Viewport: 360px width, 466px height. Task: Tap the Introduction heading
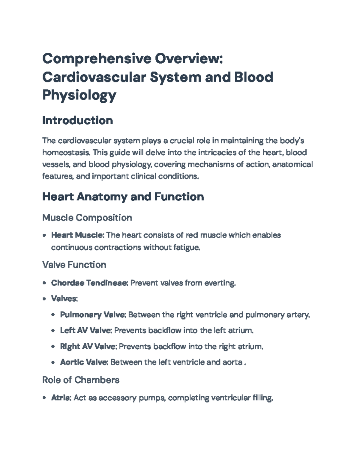tap(77, 121)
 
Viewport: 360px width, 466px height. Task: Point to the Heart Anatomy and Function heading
tap(123, 197)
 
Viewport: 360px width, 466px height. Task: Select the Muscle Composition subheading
tap(87, 218)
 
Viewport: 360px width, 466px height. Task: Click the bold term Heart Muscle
tap(77, 235)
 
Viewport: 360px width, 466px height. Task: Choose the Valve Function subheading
tap(74, 265)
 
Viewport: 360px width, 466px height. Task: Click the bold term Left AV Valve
tap(86, 331)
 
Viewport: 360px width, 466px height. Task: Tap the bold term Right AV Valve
tap(88, 347)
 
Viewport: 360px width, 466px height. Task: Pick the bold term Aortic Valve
tap(84, 362)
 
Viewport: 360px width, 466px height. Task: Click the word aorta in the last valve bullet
tap(232, 362)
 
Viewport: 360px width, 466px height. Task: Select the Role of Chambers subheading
tap(81, 380)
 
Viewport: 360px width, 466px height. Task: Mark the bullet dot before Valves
tap(44, 299)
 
